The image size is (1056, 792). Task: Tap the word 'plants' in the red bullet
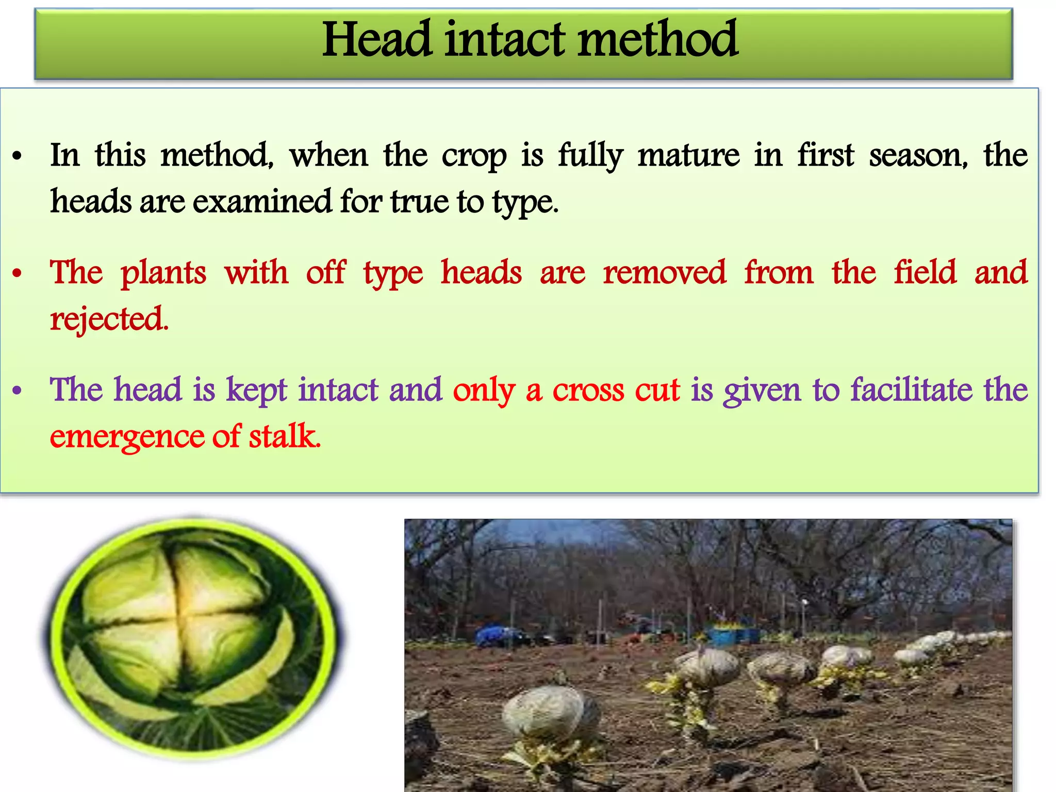tap(163, 273)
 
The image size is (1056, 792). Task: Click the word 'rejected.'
tap(109, 320)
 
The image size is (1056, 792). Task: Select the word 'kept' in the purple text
tap(256, 390)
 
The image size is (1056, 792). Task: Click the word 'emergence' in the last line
tap(126, 437)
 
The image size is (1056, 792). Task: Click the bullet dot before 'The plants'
tap(18, 274)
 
